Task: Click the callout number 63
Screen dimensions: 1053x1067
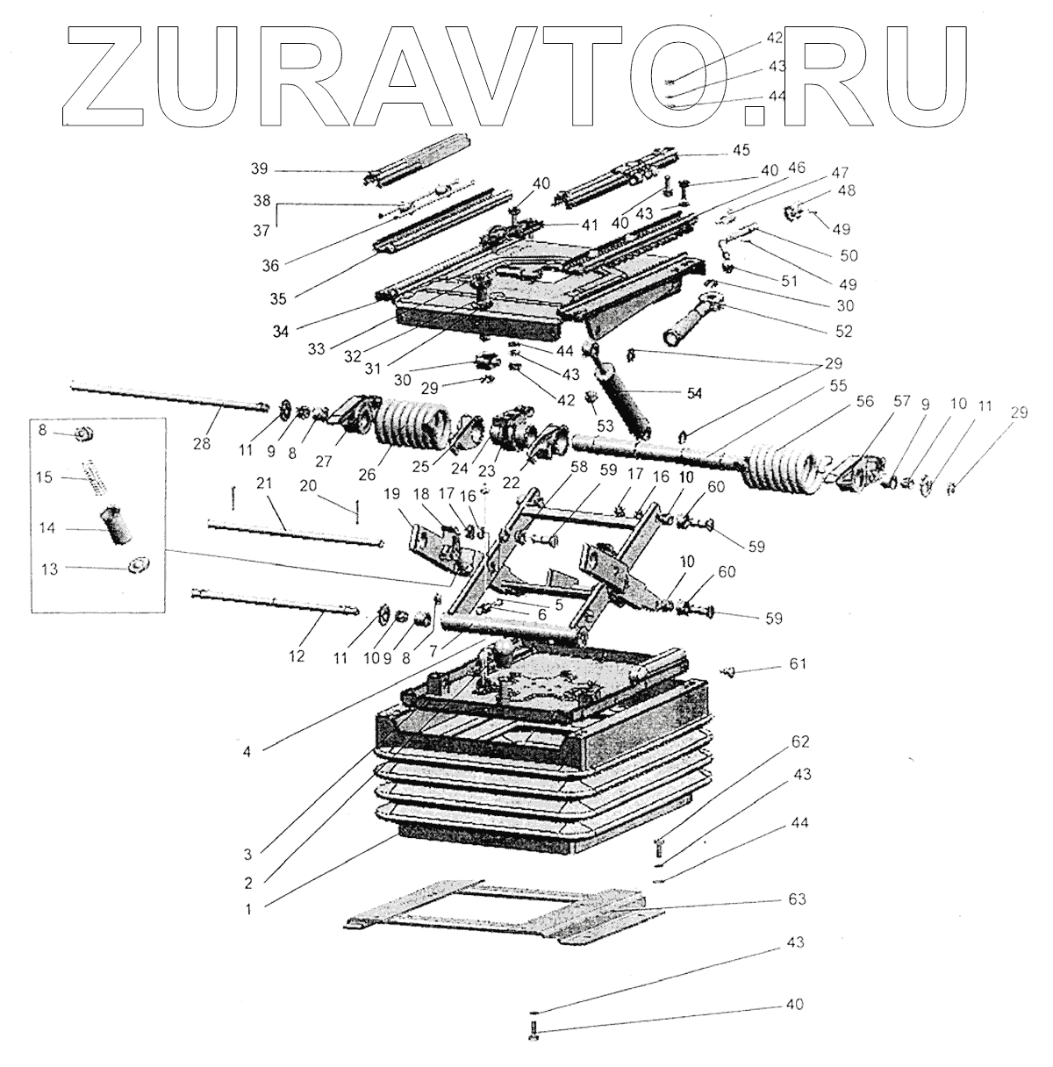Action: pos(797,899)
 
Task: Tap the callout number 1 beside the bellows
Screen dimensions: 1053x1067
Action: pos(248,910)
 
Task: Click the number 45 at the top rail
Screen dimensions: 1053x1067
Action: pos(741,150)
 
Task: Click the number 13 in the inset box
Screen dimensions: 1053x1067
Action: pos(49,569)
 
